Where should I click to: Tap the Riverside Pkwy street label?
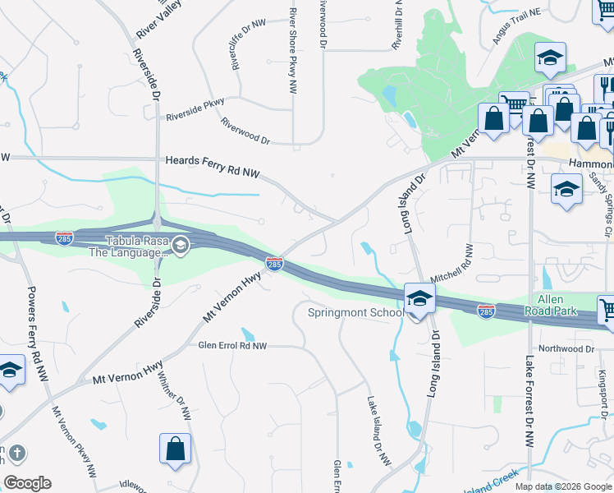coord(195,110)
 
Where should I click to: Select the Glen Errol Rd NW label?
coord(233,346)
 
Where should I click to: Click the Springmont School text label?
coord(355,312)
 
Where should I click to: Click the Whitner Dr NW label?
coord(186,402)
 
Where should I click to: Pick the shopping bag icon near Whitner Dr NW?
coord(176,449)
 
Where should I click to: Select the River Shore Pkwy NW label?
coord(292,51)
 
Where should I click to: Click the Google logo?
coord(27,483)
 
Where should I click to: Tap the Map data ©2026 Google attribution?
coord(562,486)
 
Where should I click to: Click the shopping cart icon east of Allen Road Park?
coord(607,311)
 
